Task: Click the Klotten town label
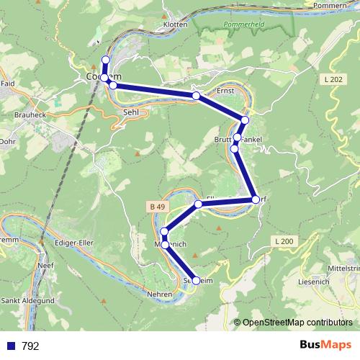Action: click(175, 24)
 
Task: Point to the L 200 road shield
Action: click(284, 240)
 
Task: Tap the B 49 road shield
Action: click(158, 207)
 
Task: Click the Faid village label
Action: click(7, 84)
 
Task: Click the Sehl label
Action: click(130, 112)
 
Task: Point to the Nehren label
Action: click(160, 294)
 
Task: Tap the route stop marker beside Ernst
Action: click(196, 96)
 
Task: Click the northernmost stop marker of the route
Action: click(106, 60)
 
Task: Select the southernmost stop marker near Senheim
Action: click(195, 281)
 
